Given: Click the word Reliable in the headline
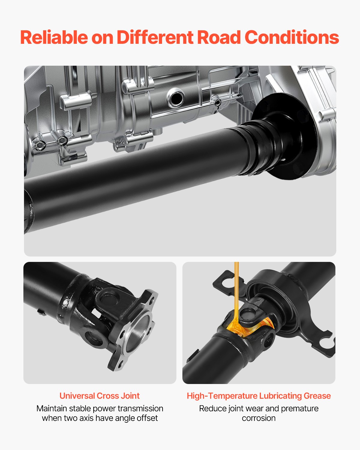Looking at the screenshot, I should pos(54,37).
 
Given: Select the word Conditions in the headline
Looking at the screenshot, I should pos(292,37).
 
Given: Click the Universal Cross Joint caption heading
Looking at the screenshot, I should pos(99,396).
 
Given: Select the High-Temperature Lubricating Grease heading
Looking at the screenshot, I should pos(259,396).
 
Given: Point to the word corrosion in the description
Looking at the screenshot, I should pos(259,418).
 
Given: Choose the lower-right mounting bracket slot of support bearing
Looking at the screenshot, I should pos(325,342).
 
